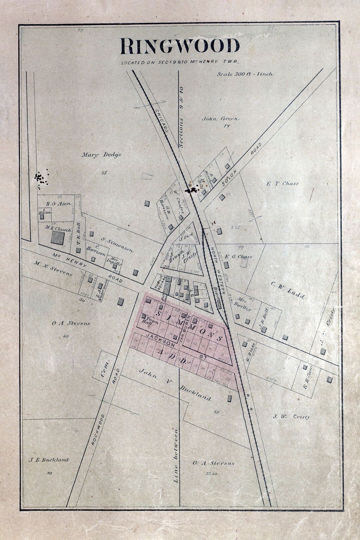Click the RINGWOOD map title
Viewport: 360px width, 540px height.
click(x=180, y=46)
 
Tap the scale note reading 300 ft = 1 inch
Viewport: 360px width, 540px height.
click(x=245, y=74)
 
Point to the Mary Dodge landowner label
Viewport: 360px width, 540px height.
click(x=101, y=155)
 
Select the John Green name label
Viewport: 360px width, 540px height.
click(x=220, y=119)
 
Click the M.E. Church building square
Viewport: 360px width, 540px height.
click(x=57, y=238)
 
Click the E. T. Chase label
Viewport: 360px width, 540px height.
click(x=282, y=183)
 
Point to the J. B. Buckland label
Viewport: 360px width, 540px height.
click(x=49, y=460)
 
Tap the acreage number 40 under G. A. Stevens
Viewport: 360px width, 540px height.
click(x=65, y=336)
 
